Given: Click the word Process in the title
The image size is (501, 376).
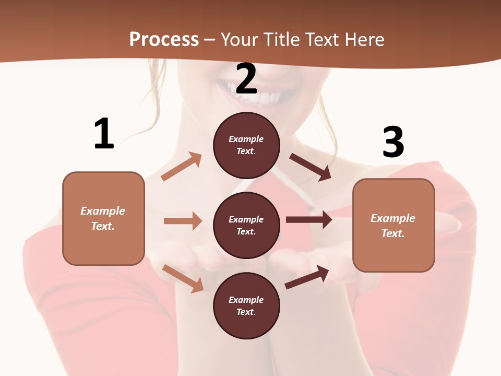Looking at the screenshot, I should coord(164,39).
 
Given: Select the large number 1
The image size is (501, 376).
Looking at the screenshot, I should coord(104,134).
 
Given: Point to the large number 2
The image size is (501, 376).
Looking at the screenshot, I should coord(246,79).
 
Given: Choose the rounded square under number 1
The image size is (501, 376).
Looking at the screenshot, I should coord(103,218).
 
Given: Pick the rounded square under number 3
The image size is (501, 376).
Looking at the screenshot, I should coord(393,226).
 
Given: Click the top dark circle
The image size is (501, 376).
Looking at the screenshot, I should coord(246,145).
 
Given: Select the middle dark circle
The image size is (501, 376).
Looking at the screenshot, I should coord(246,226).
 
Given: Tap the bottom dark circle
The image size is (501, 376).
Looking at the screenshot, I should coord(246,306).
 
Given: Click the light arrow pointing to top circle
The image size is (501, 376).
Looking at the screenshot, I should coord(182,166).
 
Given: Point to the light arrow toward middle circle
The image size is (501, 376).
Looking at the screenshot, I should coord(183,221).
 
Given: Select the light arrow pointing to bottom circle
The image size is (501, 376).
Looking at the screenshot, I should coord(183,278).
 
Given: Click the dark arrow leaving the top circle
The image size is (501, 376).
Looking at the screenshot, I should coord(311,167).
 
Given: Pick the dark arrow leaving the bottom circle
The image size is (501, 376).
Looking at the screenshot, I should coord(307,277).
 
